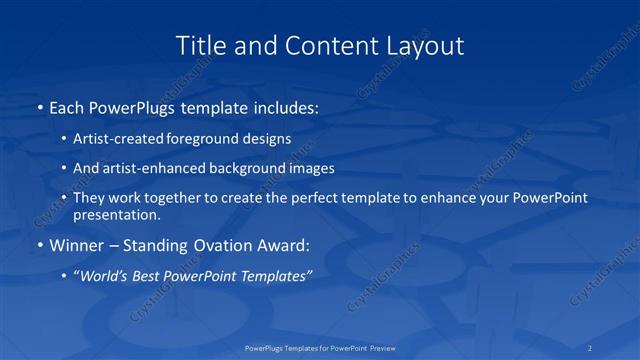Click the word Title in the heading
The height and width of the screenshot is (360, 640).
point(201,46)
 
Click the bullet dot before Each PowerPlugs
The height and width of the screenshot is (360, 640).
point(39,107)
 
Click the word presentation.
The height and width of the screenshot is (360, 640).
point(116,214)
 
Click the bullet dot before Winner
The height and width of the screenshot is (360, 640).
point(39,245)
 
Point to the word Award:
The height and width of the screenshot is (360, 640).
point(287,245)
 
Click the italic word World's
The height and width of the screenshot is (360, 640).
point(106,276)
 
